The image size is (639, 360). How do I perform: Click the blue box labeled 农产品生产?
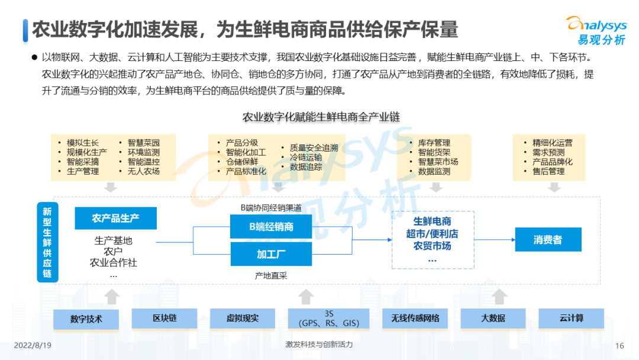pyautogui.click(x=116, y=218)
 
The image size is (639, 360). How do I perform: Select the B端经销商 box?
pyautogui.click(x=271, y=227)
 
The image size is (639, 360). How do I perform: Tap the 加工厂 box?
pyautogui.click(x=271, y=255)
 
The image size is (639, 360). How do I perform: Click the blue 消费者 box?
pyautogui.click(x=548, y=240)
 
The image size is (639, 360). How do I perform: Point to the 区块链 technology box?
pyautogui.click(x=164, y=319)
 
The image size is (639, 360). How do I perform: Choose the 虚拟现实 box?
pyautogui.click(x=243, y=319)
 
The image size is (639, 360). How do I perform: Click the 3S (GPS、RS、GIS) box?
pyautogui.click(x=329, y=319)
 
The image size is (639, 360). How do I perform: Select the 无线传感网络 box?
pyautogui.click(x=415, y=319)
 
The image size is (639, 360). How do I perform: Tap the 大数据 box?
pyautogui.click(x=493, y=319)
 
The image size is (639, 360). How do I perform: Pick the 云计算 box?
pyautogui.click(x=572, y=319)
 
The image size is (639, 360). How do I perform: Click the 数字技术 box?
pyautogui.click(x=86, y=319)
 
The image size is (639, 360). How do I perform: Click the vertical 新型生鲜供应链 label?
pyautogui.click(x=47, y=242)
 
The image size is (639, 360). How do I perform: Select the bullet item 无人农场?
pyautogui.click(x=143, y=171)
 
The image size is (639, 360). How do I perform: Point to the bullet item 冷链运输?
pyautogui.click(x=306, y=157)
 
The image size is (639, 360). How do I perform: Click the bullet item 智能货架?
pyautogui.click(x=434, y=153)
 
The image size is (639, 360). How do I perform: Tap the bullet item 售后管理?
pyautogui.click(x=548, y=171)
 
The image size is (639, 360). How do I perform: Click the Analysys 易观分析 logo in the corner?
pyautogui.click(x=597, y=31)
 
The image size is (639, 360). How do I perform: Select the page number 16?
pyautogui.click(x=619, y=346)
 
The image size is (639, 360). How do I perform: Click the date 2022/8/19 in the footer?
pyautogui.click(x=33, y=345)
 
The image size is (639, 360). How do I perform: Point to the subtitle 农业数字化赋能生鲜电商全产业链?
pyautogui.click(x=321, y=117)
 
